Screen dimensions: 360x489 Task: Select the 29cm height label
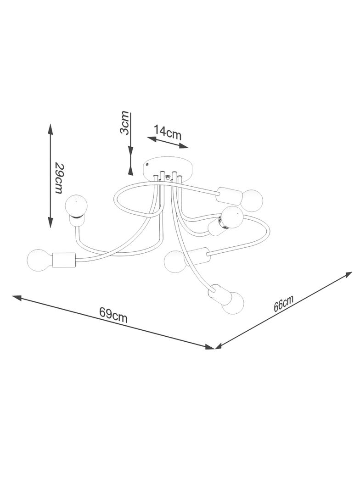60,178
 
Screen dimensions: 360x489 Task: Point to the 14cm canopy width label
168,133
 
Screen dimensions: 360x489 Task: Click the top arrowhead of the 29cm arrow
50,129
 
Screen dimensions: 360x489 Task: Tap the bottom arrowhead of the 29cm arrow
50,222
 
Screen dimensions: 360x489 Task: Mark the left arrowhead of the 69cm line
18,298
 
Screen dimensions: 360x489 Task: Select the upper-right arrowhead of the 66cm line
347,275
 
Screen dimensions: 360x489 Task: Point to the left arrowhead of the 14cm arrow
152,138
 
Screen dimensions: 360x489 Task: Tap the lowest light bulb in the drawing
233,302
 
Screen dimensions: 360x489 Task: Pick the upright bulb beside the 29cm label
77,205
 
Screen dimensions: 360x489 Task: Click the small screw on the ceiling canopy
148,163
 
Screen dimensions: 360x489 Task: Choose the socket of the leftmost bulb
64,260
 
